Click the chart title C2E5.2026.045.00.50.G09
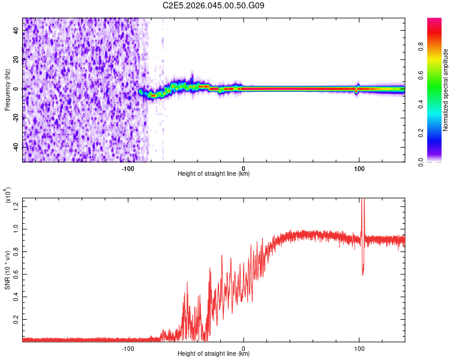pyautogui.click(x=214, y=6)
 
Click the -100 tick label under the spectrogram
pyautogui.click(x=127, y=168)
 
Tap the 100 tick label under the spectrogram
pyautogui.click(x=359, y=168)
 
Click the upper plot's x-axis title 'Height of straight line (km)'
pyautogui.click(x=214, y=174)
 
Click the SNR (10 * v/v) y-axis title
pyautogui.click(x=8, y=270)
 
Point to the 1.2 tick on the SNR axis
pyautogui.click(x=15, y=207)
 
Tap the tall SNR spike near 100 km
pyautogui.click(x=362, y=207)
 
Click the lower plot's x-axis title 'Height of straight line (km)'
pyautogui.click(x=214, y=354)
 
